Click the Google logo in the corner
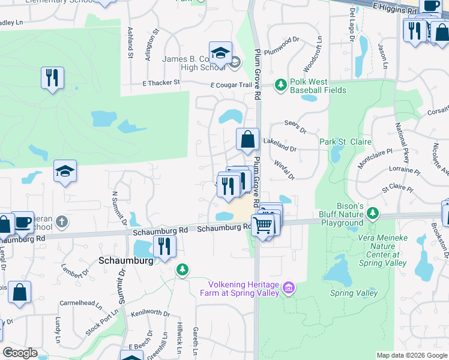20,353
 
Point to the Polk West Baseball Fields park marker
280,85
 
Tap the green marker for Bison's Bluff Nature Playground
373,213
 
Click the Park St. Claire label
345,142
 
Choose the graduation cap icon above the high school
220,52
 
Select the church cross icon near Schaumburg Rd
61,223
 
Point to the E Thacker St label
161,83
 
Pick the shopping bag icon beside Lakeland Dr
247,140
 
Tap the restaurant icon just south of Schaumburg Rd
163,246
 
